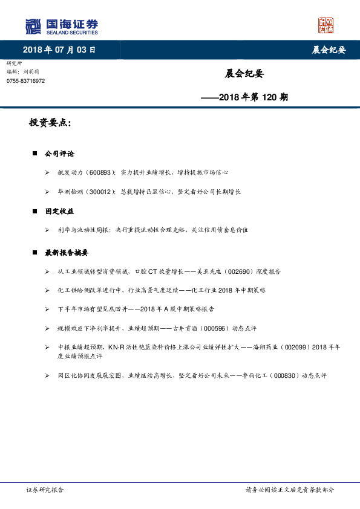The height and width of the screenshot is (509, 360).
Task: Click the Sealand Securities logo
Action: click(x=61, y=27)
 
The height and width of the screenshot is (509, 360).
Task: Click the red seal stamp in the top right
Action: click(x=326, y=25)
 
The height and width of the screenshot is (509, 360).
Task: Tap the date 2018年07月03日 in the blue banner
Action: click(x=59, y=50)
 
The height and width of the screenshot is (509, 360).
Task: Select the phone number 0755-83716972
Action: click(x=25, y=81)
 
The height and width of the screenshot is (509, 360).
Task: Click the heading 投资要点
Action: click(x=50, y=123)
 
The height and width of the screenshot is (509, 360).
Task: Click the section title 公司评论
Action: click(x=60, y=154)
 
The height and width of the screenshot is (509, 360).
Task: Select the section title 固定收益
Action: click(x=60, y=212)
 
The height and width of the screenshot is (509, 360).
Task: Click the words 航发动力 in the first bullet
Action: click(x=70, y=173)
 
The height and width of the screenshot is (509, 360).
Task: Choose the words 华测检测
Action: click(x=70, y=192)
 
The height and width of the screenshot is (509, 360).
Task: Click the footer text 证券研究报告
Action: click(x=45, y=490)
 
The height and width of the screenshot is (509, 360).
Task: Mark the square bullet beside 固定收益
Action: click(x=35, y=212)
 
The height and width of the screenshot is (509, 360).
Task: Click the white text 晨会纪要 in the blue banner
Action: click(x=329, y=50)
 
